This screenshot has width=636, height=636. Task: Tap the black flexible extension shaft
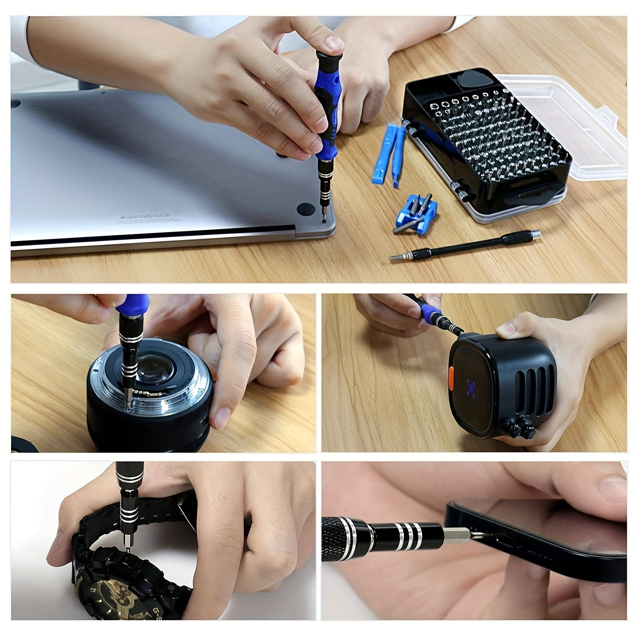pyautogui.click(x=465, y=245)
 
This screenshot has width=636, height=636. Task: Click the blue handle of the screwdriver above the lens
pyautogui.click(x=132, y=306)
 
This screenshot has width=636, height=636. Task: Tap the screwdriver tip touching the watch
pyautogui.click(x=127, y=549)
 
